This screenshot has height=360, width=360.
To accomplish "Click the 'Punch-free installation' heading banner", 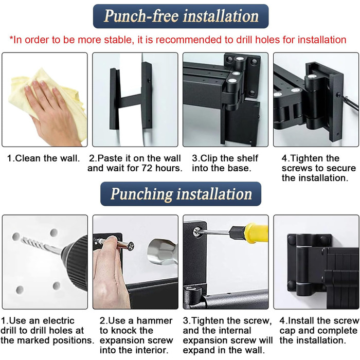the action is click(x=181, y=16).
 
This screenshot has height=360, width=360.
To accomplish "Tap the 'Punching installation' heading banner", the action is click(x=181, y=194).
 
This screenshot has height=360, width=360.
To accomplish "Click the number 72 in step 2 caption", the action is click(x=147, y=168).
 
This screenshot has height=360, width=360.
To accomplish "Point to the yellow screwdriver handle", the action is click(x=256, y=233).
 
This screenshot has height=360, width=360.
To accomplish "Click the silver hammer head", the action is click(x=162, y=251).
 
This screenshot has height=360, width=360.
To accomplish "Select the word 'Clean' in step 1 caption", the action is click(x=28, y=158).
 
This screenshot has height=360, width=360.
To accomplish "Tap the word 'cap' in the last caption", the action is click(x=287, y=331).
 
